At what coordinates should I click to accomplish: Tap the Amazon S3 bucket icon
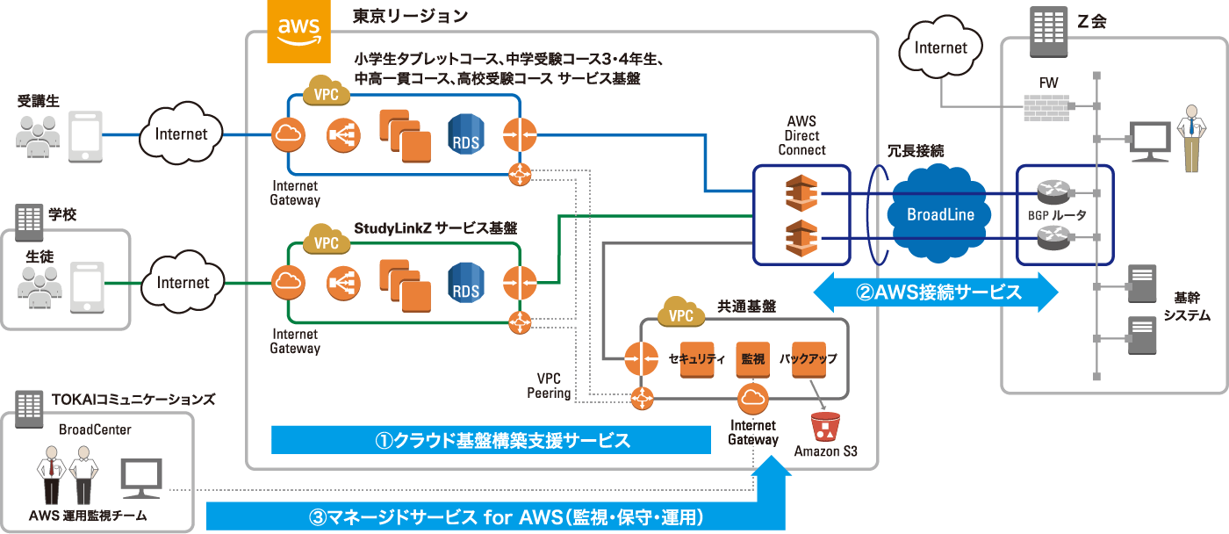point(824,426)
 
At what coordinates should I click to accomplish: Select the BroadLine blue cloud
point(940,214)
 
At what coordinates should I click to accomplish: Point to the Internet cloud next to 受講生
point(182,134)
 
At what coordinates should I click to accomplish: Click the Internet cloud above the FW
point(940,48)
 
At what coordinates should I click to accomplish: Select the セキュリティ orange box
point(696,359)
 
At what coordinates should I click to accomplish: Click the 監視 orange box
point(753,359)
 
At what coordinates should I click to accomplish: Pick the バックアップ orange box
point(809,359)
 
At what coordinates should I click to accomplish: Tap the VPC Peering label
point(550,386)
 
